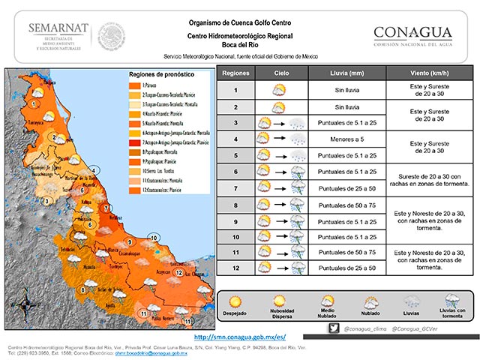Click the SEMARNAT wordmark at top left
(58, 28)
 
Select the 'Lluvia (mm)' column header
(346, 74)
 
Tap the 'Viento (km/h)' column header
(429, 74)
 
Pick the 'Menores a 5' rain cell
(346, 139)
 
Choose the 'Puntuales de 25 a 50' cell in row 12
(346, 268)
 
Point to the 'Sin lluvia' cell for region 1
(346, 91)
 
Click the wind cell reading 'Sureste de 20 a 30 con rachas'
(429, 179)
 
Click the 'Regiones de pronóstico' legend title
(161, 76)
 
